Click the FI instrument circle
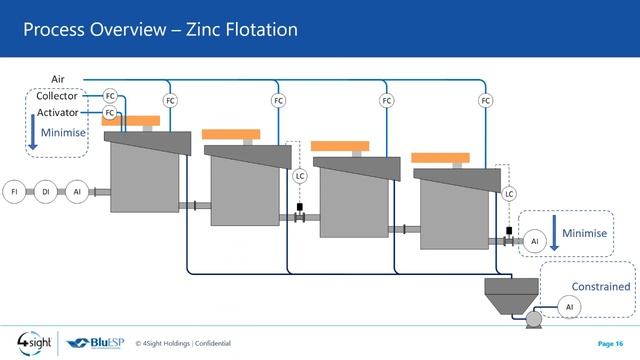(15, 191)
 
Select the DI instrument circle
(46, 191)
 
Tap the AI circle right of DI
(77, 191)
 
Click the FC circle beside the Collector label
(110, 96)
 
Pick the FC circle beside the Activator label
(110, 113)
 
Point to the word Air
(57, 78)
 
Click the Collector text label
(56, 96)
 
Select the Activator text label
(56, 113)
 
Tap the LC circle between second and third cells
(299, 176)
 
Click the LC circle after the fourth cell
(509, 193)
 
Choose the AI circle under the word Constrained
(570, 306)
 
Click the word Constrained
(600, 287)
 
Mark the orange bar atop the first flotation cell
(131, 121)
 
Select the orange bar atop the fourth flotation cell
(441, 158)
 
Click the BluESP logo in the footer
(97, 343)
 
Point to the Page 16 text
(610, 343)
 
